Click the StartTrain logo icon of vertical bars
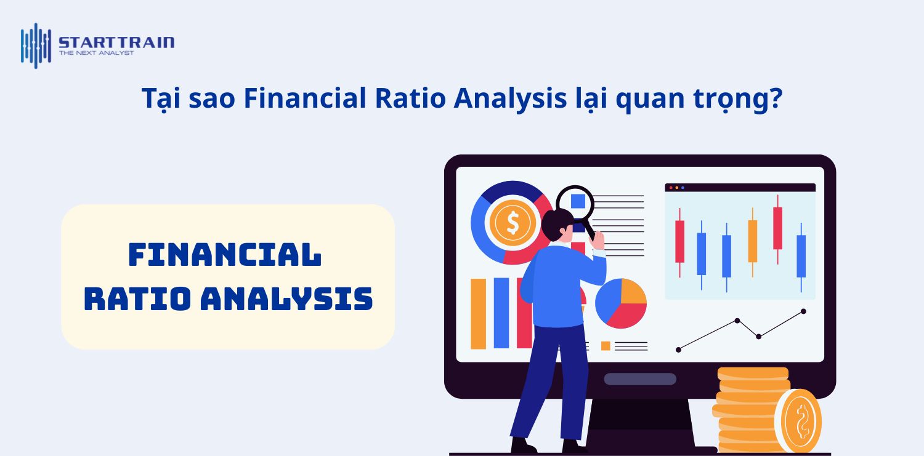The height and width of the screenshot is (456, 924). [35, 45]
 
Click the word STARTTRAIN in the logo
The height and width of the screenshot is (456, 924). [116, 42]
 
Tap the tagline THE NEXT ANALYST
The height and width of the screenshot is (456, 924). [96, 53]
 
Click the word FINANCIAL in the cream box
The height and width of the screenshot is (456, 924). [225, 255]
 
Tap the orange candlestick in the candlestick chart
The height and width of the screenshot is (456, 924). [752, 241]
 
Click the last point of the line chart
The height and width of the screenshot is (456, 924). [803, 311]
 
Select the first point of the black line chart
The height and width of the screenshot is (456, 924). [678, 350]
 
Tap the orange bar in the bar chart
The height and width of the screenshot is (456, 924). [478, 313]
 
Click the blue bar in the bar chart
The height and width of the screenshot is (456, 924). [501, 313]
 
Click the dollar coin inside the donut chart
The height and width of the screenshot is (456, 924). [512, 223]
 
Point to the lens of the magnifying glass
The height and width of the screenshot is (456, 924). [575, 204]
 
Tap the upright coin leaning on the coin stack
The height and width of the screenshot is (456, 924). [798, 421]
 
